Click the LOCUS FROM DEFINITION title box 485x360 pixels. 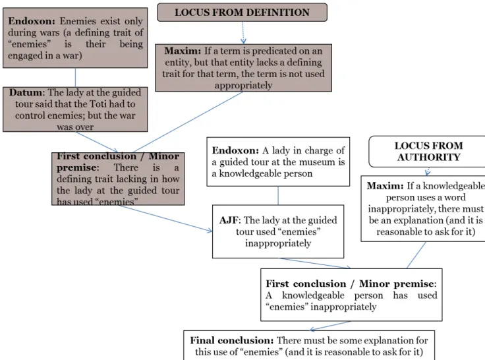242,13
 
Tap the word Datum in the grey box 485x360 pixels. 26,92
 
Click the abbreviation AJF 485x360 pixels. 229,220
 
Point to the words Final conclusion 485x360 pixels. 232,340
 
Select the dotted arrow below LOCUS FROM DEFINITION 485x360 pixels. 243,32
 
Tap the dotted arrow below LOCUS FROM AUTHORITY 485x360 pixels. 428,171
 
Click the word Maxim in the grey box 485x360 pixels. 183,51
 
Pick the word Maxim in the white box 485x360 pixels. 385,186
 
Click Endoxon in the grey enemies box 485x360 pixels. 32,21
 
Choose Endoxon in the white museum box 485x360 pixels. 235,150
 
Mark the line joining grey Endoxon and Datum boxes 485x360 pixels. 75,77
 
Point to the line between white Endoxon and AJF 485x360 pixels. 278,195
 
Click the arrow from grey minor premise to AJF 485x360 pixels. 165,218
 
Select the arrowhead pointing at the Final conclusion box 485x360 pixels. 312,330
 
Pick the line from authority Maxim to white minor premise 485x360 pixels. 416,255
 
